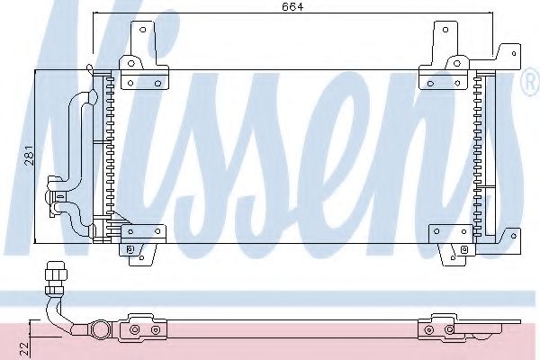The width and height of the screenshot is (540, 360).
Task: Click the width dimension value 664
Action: (292, 6)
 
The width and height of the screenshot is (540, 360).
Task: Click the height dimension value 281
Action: (30, 156)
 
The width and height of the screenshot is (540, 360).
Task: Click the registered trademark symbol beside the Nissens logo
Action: (531, 82)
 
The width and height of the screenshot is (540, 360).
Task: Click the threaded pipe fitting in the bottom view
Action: (56, 278)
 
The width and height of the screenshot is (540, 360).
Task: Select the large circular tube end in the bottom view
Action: (100, 330)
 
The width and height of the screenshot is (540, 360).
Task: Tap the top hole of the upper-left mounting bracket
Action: (142, 30)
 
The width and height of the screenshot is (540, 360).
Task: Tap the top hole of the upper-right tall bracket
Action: (445, 30)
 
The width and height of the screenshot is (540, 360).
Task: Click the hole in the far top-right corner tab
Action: (514, 54)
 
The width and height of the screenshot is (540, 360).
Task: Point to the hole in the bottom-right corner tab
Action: (514, 236)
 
